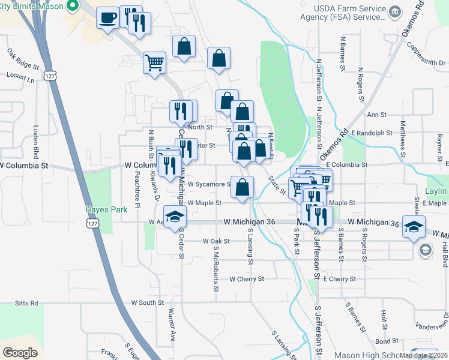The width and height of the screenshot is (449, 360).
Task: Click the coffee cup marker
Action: point(107,17)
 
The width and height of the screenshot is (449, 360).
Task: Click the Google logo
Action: point(20,352)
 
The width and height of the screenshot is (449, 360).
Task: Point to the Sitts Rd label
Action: point(26,303)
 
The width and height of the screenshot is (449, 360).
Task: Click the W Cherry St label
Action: point(247,279)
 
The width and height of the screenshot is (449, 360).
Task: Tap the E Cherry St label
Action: point(340,279)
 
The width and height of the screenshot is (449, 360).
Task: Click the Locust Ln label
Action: point(20,76)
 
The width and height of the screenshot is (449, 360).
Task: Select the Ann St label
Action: point(376,115)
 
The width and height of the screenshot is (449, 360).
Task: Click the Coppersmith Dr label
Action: point(426,53)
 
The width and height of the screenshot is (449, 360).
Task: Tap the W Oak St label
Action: point(216,241)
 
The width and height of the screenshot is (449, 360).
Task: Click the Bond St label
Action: point(383,341)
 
